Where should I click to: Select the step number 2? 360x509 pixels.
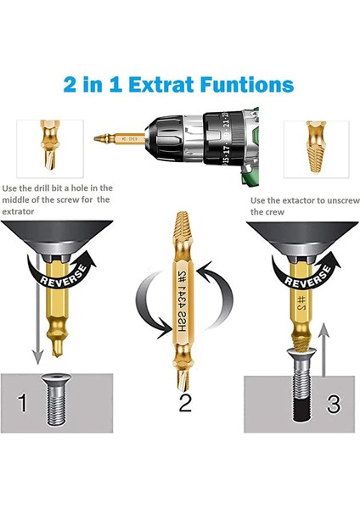tap(183, 401)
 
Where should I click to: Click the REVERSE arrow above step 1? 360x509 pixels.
tap(59, 279)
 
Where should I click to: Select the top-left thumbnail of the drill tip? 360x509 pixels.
tap(46, 140)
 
